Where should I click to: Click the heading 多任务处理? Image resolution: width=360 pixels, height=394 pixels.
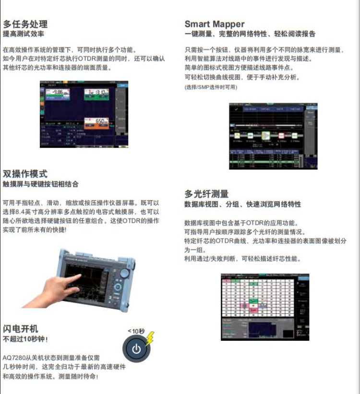click(x=25, y=24)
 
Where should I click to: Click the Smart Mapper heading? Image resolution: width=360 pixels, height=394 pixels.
click(x=215, y=24)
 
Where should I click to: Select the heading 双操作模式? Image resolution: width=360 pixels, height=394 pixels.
click(x=25, y=174)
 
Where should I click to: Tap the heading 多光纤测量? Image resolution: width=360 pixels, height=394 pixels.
click(x=207, y=194)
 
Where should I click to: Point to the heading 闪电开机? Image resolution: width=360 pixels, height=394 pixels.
click(x=21, y=329)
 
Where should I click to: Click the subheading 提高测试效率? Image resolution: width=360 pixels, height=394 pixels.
click(x=24, y=34)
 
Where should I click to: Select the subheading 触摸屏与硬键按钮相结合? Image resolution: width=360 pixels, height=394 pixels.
click(x=40, y=184)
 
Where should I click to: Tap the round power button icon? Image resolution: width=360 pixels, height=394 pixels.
click(x=136, y=349)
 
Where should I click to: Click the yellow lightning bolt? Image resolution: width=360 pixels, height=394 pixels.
click(x=150, y=337)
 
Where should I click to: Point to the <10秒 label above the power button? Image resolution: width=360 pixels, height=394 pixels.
click(x=135, y=331)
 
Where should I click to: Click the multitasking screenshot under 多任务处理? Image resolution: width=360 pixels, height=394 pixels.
click(x=84, y=113)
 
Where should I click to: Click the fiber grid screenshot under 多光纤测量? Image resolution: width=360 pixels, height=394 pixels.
click(x=265, y=307)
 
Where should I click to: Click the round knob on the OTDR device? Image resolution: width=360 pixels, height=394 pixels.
click(x=124, y=274)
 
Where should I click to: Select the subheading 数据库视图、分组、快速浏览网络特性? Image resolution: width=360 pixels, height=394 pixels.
click(x=243, y=204)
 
